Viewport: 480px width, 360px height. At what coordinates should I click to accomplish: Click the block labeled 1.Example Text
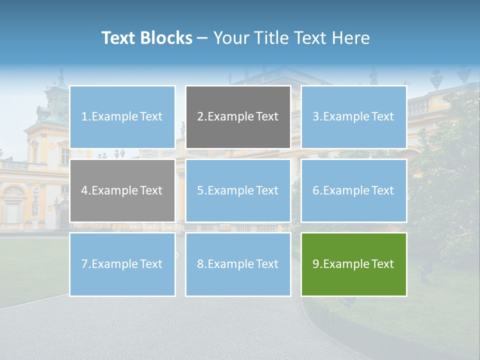pyautogui.click(x=122, y=117)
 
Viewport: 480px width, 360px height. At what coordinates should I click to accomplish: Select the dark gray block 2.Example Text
pyautogui.click(x=238, y=117)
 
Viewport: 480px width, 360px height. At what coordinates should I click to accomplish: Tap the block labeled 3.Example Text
pyautogui.click(x=354, y=117)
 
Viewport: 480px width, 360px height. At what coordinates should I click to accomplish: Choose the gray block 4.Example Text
pyautogui.click(x=122, y=190)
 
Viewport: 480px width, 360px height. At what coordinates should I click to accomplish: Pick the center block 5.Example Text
pyautogui.click(x=238, y=190)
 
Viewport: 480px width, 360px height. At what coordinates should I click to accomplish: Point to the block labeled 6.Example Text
pyautogui.click(x=354, y=190)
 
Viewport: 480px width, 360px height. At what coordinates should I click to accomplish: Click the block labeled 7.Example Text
pyautogui.click(x=122, y=264)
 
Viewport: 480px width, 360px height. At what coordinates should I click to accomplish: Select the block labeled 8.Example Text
pyautogui.click(x=238, y=264)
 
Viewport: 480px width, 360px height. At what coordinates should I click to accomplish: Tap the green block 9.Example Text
pyautogui.click(x=354, y=264)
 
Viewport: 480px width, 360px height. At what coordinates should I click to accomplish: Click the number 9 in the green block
pyautogui.click(x=316, y=264)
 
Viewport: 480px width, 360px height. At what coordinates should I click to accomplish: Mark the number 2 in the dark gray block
pyautogui.click(x=200, y=117)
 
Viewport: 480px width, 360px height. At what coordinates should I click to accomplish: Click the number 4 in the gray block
pyautogui.click(x=84, y=190)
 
